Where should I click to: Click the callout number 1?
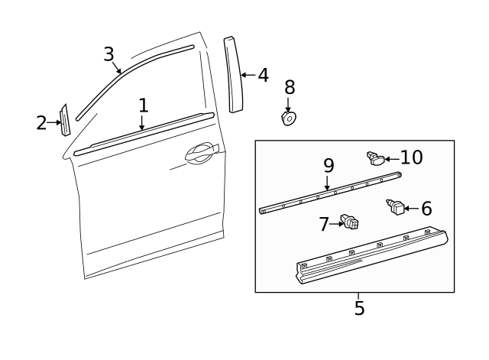click(x=143, y=105)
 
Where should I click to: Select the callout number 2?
click(x=41, y=122)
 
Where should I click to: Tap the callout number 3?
click(x=109, y=54)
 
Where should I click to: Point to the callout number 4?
click(x=262, y=75)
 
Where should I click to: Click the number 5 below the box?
click(x=359, y=308)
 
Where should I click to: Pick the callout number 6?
click(x=426, y=208)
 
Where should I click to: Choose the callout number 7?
click(x=324, y=224)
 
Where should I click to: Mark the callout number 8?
click(x=289, y=86)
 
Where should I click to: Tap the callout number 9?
click(x=329, y=165)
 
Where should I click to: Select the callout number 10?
click(x=411, y=157)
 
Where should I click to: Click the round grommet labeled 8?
click(x=289, y=118)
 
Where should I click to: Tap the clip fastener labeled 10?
click(x=374, y=158)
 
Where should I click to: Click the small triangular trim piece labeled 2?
click(x=65, y=121)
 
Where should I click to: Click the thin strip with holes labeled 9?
click(x=329, y=192)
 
